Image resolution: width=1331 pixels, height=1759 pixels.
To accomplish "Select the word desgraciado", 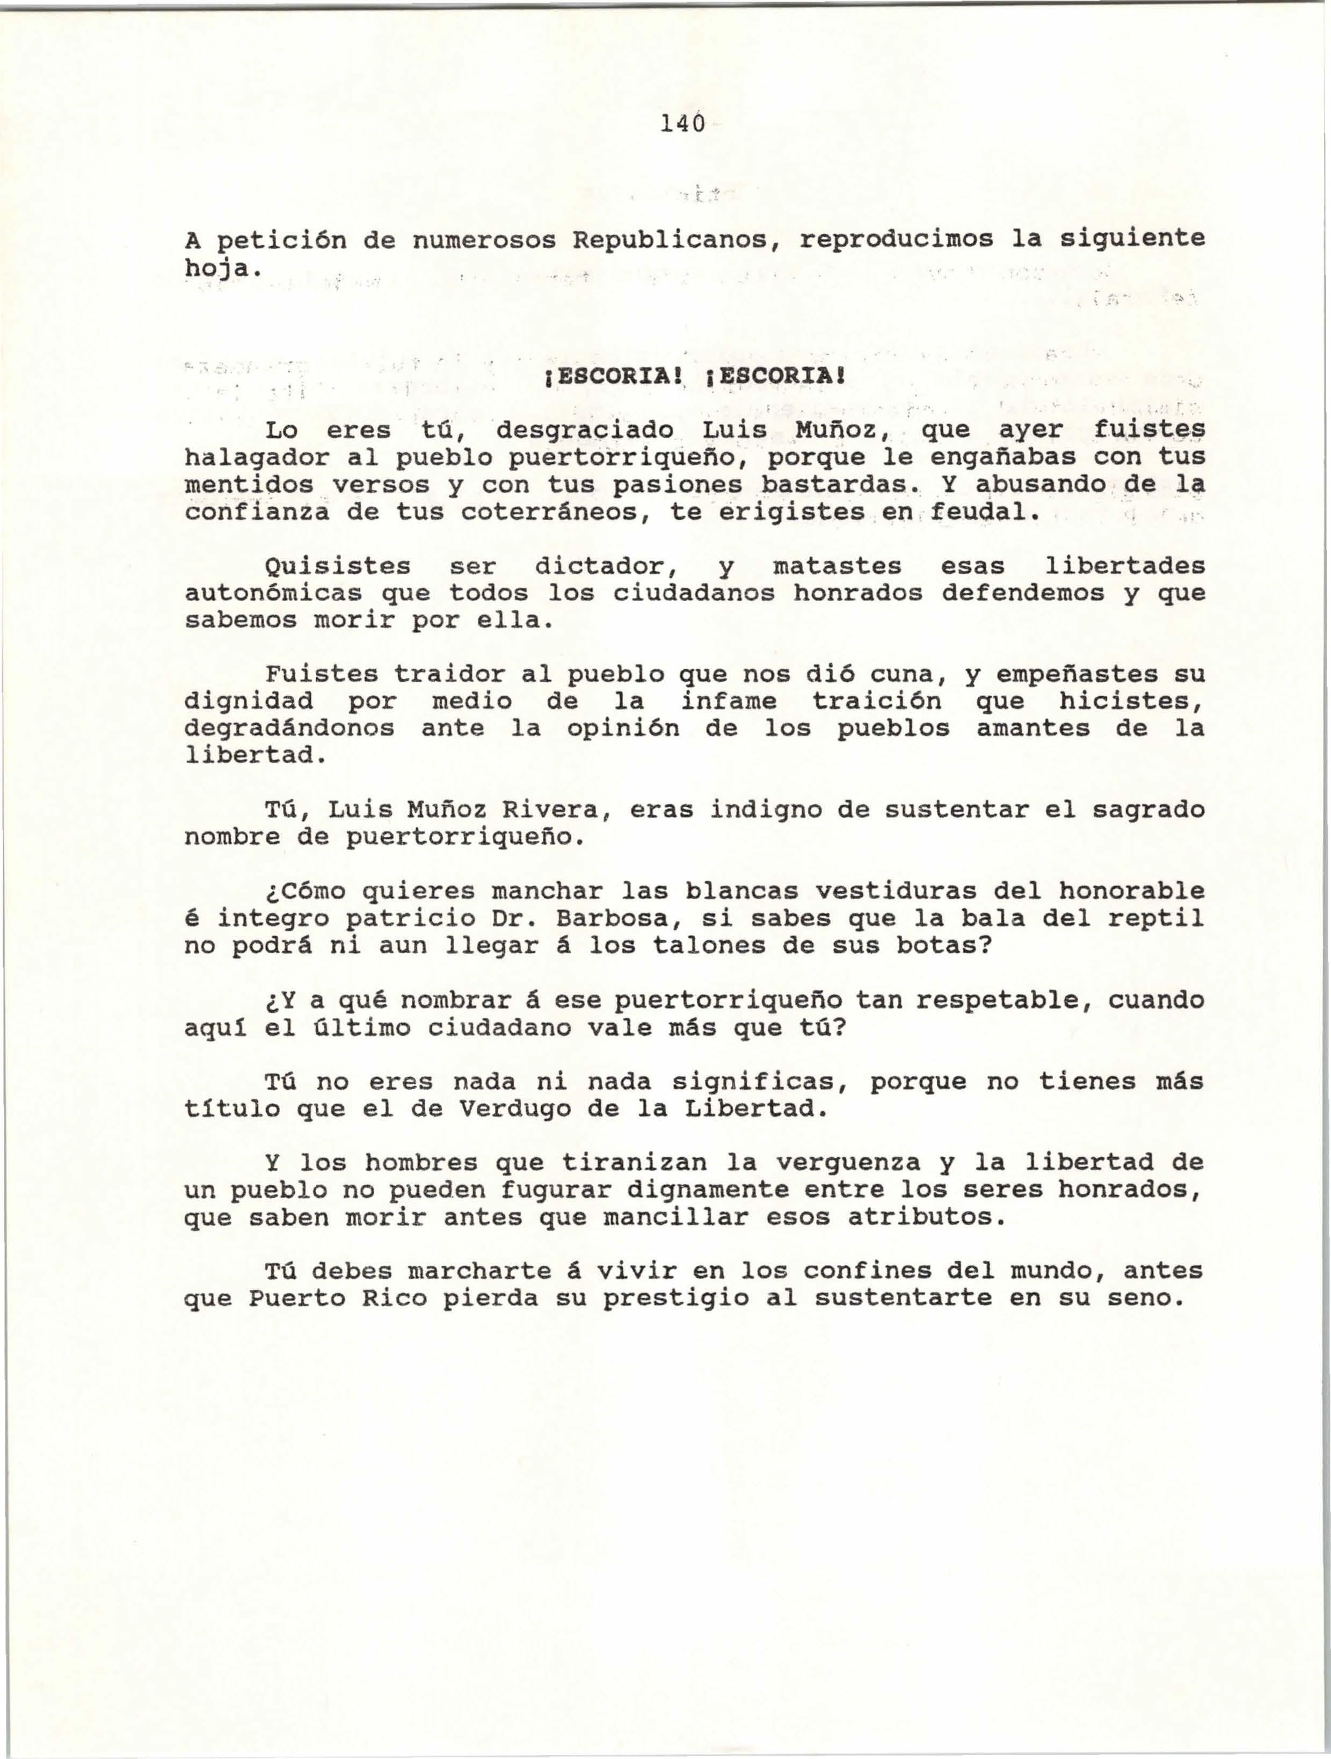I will pos(585,430).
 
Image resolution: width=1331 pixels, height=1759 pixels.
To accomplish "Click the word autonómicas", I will pos(272,593).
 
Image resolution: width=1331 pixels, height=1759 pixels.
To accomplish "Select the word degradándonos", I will pos(289,728).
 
